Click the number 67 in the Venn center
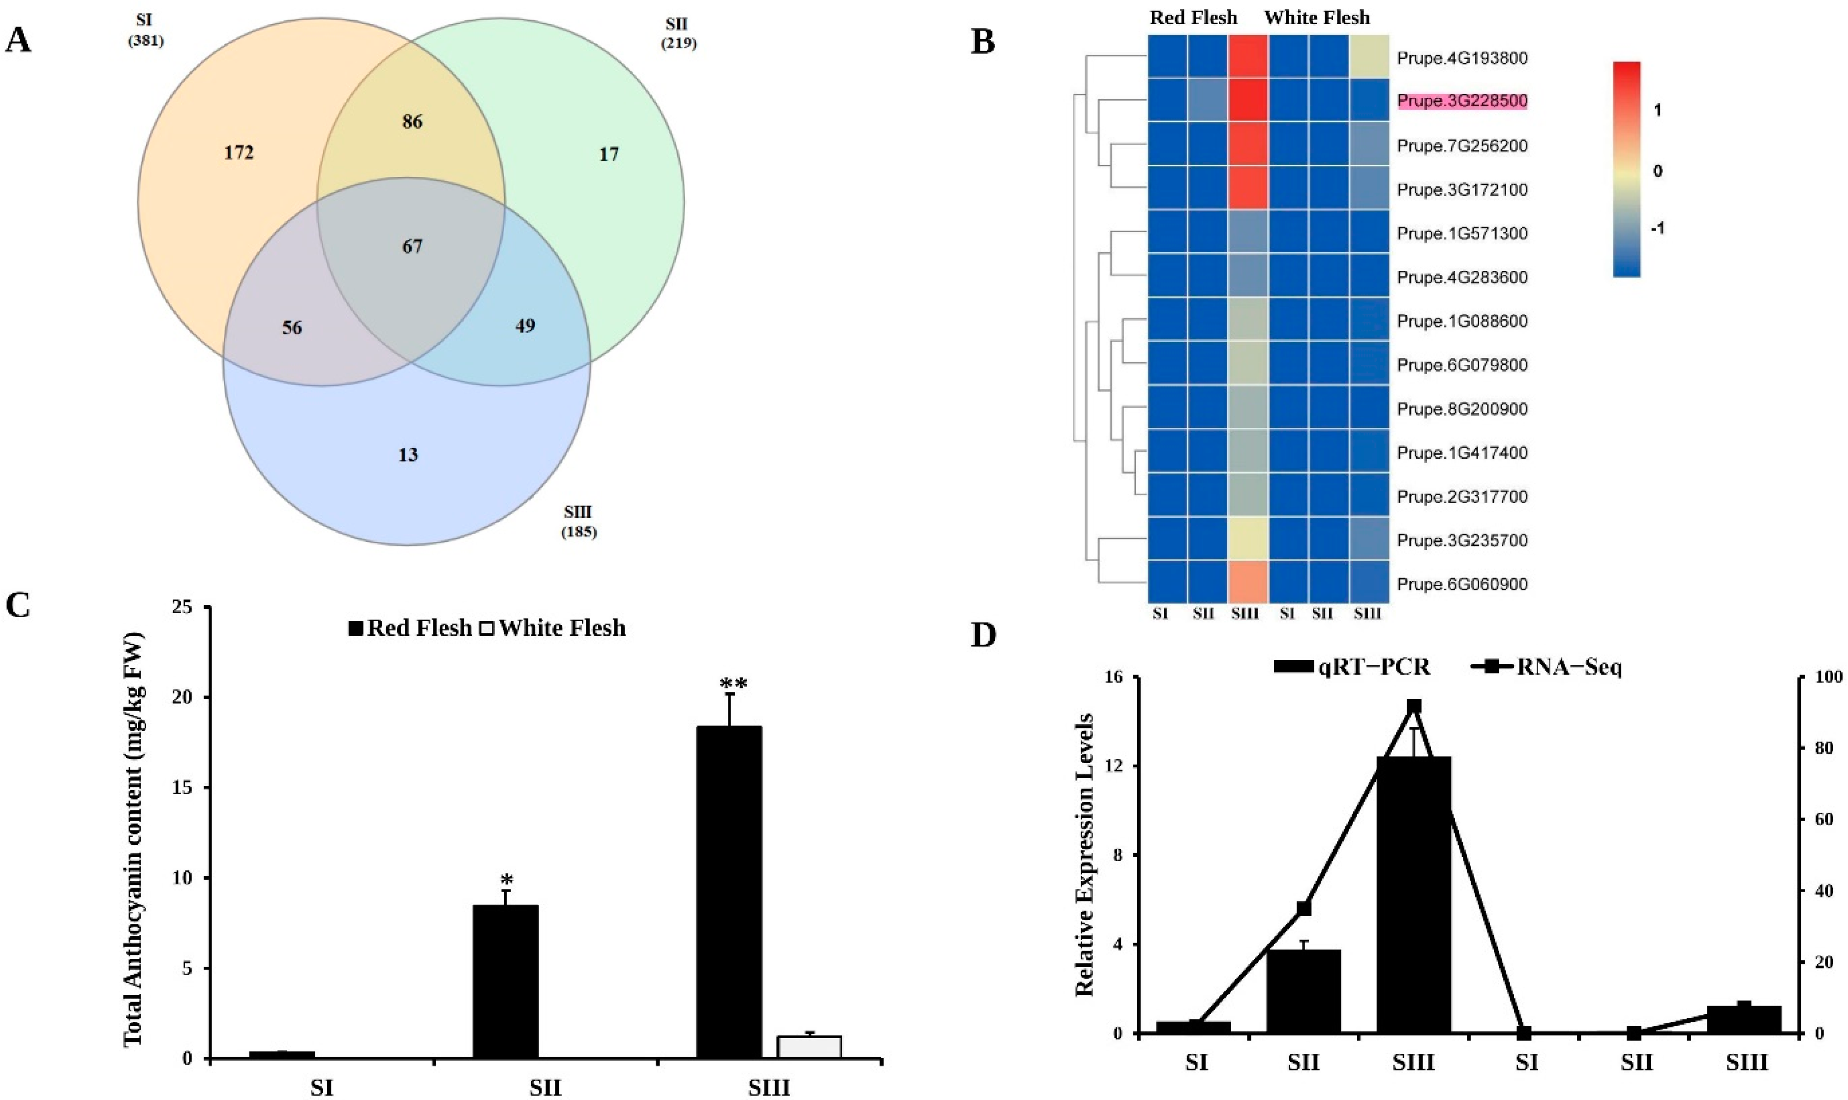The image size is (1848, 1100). tap(412, 246)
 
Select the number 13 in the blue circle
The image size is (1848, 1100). tap(408, 454)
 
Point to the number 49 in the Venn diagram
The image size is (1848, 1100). tap(525, 326)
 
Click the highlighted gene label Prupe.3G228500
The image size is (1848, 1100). tap(1462, 101)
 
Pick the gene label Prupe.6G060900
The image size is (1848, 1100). tap(1462, 585)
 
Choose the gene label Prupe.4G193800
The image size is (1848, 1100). tap(1462, 58)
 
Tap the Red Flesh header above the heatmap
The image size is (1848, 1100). tap(1193, 18)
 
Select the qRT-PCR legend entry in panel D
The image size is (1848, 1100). tap(1352, 667)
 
